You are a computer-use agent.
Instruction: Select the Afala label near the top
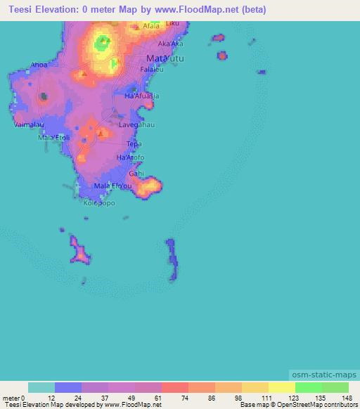pyautogui.click(x=151, y=27)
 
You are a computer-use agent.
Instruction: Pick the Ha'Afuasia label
pyautogui.click(x=141, y=95)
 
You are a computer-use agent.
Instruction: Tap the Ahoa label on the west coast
pyautogui.click(x=39, y=65)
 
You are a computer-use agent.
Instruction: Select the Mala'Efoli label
pyautogui.click(x=53, y=138)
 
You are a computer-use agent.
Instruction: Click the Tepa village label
pyautogui.click(x=134, y=144)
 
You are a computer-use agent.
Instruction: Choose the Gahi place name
pyautogui.click(x=136, y=172)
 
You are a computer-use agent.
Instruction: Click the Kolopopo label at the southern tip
pyautogui.click(x=99, y=203)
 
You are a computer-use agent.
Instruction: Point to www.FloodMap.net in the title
pyautogui.click(x=209, y=9)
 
